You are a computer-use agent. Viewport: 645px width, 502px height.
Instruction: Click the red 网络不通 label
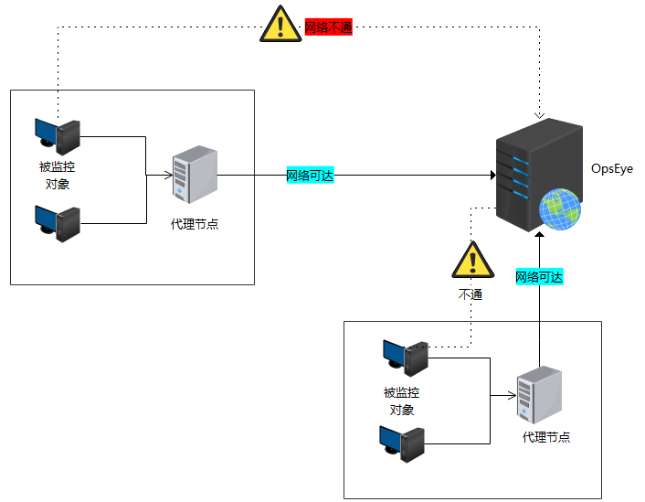click(328, 27)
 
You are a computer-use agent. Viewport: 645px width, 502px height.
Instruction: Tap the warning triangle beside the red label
click(280, 26)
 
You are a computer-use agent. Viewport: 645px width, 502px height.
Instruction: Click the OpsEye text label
click(611, 169)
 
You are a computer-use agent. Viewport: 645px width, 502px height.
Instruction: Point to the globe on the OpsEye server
click(559, 209)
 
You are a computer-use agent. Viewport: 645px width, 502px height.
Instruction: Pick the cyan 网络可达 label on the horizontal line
click(311, 176)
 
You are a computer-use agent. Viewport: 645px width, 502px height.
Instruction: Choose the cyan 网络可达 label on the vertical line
click(539, 277)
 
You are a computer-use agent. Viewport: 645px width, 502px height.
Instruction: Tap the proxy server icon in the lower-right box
click(539, 396)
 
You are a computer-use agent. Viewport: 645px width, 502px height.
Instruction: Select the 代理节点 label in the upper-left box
click(195, 224)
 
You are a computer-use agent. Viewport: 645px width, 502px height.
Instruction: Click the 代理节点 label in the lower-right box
click(546, 438)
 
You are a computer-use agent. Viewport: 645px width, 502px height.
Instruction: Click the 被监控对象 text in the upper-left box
click(57, 176)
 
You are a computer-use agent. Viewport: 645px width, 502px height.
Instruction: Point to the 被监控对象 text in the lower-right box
click(402, 401)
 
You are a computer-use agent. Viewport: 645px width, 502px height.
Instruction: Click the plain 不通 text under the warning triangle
click(471, 295)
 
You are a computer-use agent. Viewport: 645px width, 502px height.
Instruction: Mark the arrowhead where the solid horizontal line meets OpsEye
click(491, 176)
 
